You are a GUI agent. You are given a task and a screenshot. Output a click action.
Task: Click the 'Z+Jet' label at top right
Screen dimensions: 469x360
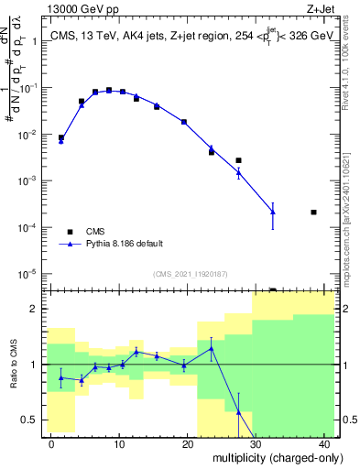[x=319, y=9]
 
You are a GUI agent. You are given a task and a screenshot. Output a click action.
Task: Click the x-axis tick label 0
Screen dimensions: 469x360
[x=51, y=443]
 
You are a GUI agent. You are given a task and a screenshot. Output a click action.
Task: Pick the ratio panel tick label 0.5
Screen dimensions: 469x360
[x=32, y=420]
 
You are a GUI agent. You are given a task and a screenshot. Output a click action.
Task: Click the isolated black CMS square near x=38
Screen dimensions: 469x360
[x=313, y=213]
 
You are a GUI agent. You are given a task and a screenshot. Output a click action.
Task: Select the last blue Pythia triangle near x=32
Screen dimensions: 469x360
[x=273, y=213]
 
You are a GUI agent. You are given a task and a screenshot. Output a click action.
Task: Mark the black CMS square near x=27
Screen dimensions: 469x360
[x=238, y=160]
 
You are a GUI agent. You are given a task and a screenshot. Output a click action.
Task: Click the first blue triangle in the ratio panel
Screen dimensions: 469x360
[x=61, y=377]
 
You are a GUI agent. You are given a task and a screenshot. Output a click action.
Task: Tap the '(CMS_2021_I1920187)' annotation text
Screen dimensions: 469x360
[x=189, y=274]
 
